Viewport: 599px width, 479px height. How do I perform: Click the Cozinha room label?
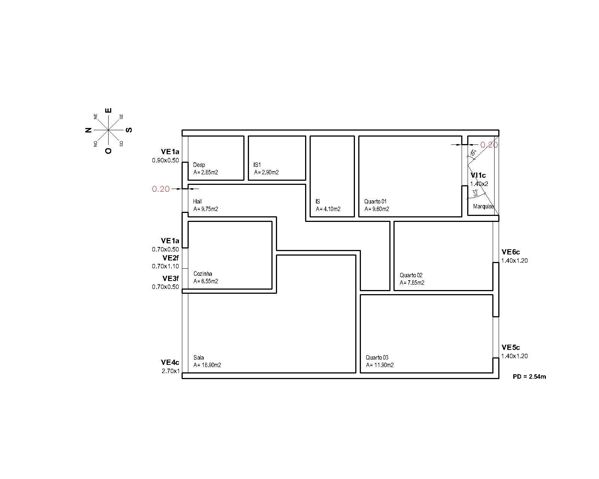coord(203,274)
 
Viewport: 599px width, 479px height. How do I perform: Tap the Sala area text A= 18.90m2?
coord(207,365)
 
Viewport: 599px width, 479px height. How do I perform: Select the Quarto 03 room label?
coord(377,357)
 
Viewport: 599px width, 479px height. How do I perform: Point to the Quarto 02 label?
coord(411,275)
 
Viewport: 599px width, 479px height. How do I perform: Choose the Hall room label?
coord(197,202)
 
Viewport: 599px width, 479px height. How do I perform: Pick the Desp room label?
coord(199,165)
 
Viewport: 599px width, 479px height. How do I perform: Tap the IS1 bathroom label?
coord(257,165)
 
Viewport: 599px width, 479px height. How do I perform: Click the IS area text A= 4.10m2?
coord(328,209)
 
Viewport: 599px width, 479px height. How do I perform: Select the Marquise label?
coord(483,207)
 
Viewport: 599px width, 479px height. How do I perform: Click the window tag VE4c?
coord(170,362)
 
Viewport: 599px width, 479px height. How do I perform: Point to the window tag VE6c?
coord(511,252)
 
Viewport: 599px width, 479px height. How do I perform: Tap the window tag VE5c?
coord(511,347)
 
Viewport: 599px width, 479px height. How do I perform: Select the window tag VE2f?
coord(170,258)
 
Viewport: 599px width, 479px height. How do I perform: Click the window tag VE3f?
coord(170,278)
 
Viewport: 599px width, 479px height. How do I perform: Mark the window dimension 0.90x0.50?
coord(165,161)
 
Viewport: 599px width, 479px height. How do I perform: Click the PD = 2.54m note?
coord(529,376)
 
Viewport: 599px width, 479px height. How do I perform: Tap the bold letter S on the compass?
coord(128,130)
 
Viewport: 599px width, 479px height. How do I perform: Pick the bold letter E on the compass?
coord(108,110)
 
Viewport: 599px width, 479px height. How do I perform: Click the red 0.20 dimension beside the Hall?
coord(161,189)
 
